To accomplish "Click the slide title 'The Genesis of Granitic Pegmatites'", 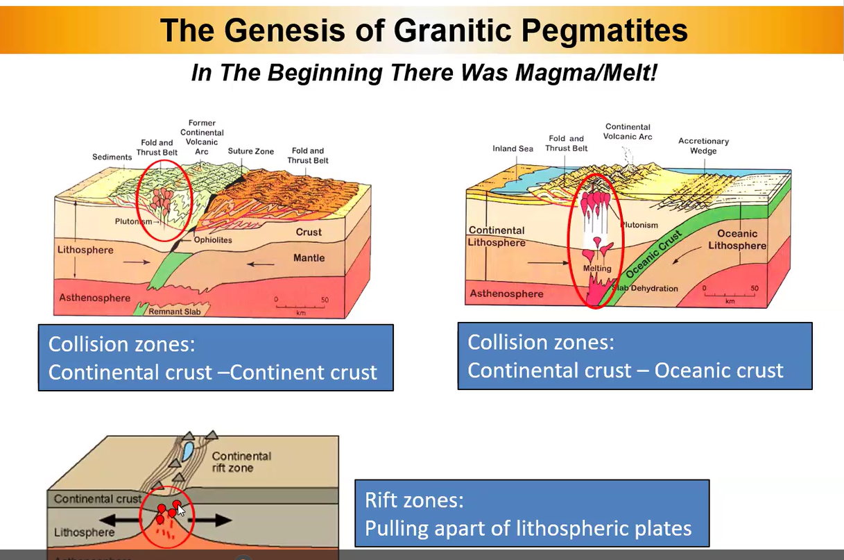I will pos(423,30).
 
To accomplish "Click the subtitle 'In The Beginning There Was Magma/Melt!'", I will pos(423,73).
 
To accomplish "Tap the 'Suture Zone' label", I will pos(251,151).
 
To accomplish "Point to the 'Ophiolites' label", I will pos(213,240).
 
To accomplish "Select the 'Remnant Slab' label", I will pos(175,312).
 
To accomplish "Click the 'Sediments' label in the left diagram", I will pos(112,158).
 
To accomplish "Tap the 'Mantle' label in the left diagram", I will pos(309,258).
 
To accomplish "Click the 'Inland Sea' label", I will pos(513,149).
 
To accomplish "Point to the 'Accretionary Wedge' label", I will pos(703,146).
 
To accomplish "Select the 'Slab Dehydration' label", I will pos(645,289).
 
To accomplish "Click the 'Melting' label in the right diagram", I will pos(597,269).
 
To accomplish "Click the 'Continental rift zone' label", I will pos(241,462).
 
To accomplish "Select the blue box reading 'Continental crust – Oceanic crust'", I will pos(635,355).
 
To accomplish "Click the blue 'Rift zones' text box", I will pos(532,514).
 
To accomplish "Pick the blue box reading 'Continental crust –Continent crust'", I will pos(216,358).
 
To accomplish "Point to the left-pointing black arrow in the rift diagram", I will pos(119,519).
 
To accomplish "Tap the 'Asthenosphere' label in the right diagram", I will pos(507,294).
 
